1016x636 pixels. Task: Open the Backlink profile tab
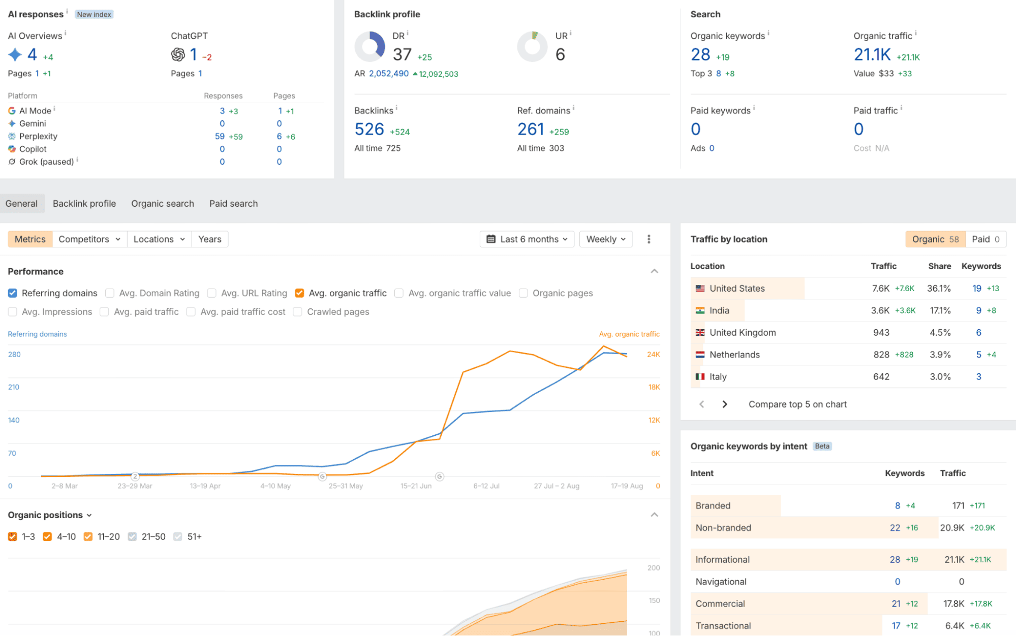point(84,204)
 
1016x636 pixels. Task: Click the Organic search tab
point(163,204)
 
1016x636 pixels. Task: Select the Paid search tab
point(233,204)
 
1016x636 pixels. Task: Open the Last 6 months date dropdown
point(527,239)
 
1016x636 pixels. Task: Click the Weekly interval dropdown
point(606,239)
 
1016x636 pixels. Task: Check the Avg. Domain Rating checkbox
point(110,293)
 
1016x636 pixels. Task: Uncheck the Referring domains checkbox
point(13,293)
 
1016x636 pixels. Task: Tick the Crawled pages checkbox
point(298,312)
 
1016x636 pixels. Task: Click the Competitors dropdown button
point(89,239)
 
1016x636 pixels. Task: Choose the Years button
point(210,239)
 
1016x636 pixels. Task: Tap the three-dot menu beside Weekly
point(649,239)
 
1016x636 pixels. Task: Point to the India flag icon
point(700,310)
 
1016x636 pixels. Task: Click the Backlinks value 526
point(370,130)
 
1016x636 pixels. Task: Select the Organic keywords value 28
point(700,54)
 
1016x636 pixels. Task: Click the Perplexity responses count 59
point(220,137)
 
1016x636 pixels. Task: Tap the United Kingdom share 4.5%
point(940,333)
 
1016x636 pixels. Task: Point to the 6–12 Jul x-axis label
point(486,486)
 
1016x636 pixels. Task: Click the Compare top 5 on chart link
point(797,404)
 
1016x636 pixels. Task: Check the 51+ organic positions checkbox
point(178,536)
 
